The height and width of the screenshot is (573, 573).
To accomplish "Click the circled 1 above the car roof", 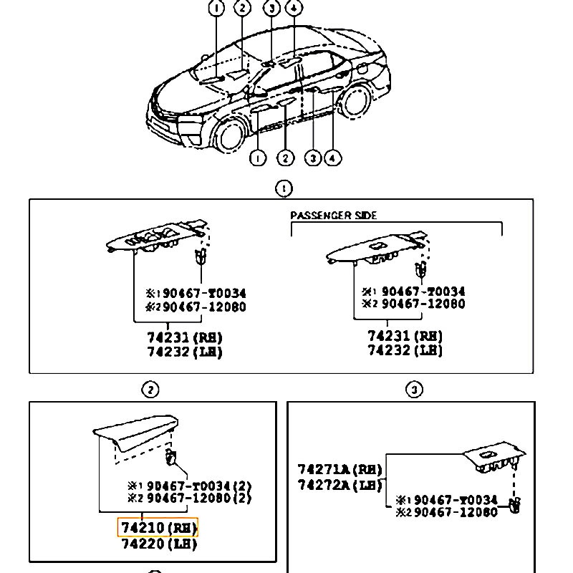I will point(216,9).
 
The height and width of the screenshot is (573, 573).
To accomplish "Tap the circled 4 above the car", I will point(294,9).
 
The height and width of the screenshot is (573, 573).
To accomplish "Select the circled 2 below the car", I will point(285,158).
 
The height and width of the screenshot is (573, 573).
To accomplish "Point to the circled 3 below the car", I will point(313,158).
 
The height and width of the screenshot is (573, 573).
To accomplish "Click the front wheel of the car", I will point(231,134).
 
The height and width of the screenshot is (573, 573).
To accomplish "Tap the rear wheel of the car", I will point(355,101).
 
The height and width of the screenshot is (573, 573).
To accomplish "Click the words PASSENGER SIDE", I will point(333,215).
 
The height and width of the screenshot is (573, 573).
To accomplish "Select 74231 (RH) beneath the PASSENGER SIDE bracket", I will point(405,336).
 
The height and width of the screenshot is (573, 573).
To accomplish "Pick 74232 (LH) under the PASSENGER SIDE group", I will point(405,350).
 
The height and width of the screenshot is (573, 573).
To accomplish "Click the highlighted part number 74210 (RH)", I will point(158,529).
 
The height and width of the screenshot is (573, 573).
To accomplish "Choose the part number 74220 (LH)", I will point(158,544).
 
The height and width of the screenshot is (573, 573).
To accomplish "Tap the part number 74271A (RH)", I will point(340,470).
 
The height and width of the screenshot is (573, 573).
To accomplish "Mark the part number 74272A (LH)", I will point(340,485).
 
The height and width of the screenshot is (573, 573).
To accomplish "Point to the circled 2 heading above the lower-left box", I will point(150,390).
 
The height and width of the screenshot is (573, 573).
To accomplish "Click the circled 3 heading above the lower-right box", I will point(414,390).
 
